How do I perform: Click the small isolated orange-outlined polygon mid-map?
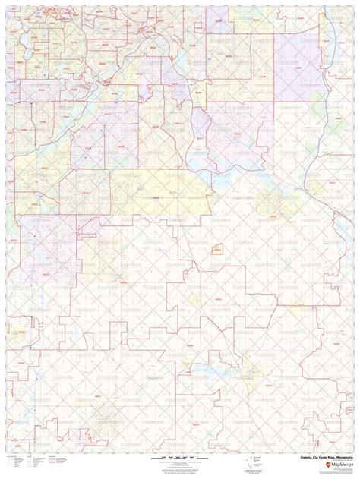(217, 249)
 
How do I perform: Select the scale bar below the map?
(180, 460)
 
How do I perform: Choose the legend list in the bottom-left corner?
(38, 464)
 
